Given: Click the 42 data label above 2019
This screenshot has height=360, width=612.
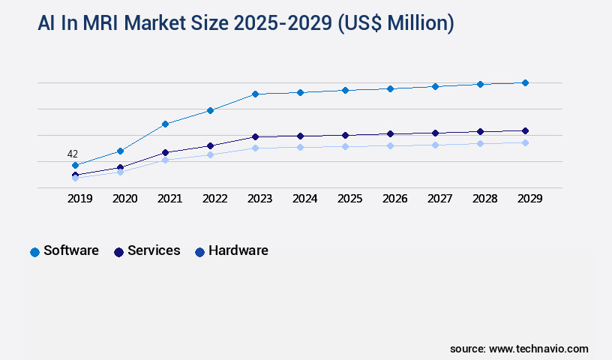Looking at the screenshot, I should pos(74,154).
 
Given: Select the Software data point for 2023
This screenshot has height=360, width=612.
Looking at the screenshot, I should pos(255,94).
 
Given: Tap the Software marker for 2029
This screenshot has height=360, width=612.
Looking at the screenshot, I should pos(525,82).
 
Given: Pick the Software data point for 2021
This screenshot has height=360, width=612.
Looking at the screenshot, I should pos(165,124).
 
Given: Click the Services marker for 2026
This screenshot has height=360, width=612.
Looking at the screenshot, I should pos(390,134).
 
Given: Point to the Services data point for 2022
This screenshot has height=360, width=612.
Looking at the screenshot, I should pos(210,145).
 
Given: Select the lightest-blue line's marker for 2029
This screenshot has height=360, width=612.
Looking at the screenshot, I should pos(525,142).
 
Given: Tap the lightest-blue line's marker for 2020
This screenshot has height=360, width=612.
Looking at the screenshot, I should pos(120,172).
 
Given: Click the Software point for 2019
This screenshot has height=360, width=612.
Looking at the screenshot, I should pos(75,165).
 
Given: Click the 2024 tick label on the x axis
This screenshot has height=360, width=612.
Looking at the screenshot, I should pos(304,199).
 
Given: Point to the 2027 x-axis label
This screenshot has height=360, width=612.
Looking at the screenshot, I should pos(439,199).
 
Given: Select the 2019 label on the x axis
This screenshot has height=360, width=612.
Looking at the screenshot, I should pos(79,199).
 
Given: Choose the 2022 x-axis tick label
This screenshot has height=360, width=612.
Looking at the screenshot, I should pos(214,199).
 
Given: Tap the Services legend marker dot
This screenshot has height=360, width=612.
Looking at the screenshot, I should pos(118,252).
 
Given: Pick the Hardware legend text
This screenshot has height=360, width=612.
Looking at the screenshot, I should pos(238,250).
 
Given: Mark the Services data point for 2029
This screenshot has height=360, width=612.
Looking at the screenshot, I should pos(525,130).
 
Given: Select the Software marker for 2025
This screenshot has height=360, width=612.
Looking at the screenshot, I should pos(345,90).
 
